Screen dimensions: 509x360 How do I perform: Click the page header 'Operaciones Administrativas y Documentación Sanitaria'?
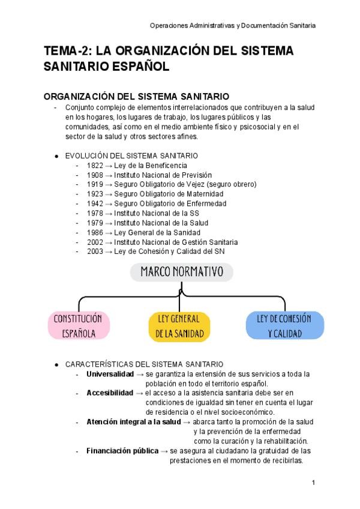[x=233, y=26]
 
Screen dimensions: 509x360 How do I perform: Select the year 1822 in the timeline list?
[x=94, y=165]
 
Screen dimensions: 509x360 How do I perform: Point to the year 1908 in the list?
[x=94, y=175]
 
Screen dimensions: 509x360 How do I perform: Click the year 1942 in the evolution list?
[x=94, y=203]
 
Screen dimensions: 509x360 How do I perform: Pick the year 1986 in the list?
[x=94, y=232]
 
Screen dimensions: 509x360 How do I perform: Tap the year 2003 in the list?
[x=94, y=251]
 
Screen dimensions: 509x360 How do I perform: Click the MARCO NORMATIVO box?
[x=181, y=273]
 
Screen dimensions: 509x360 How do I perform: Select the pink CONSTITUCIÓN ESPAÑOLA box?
[x=79, y=326]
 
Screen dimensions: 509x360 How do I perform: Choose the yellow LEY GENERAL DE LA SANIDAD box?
[x=180, y=326]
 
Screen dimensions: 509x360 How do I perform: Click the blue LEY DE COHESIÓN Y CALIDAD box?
[x=285, y=326]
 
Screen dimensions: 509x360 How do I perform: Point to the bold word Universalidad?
[x=110, y=374]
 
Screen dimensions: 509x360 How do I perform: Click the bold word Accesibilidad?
[x=109, y=393]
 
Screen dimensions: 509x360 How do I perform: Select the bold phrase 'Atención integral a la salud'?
[x=133, y=422]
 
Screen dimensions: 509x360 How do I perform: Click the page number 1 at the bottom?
[x=313, y=483]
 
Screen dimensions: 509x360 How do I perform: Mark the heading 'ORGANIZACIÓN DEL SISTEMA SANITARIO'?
[x=136, y=97]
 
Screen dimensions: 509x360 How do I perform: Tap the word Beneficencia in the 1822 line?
[x=166, y=165]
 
